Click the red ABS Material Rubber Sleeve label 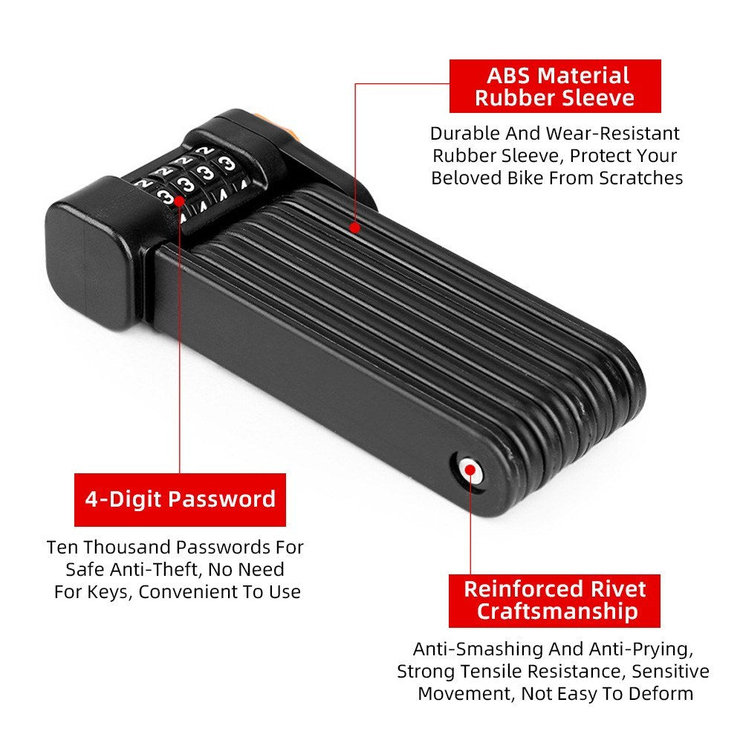point(554,86)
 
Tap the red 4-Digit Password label point(180,499)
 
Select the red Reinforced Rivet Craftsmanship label point(555,600)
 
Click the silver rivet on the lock point(468,469)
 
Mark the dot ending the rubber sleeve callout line point(356,229)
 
